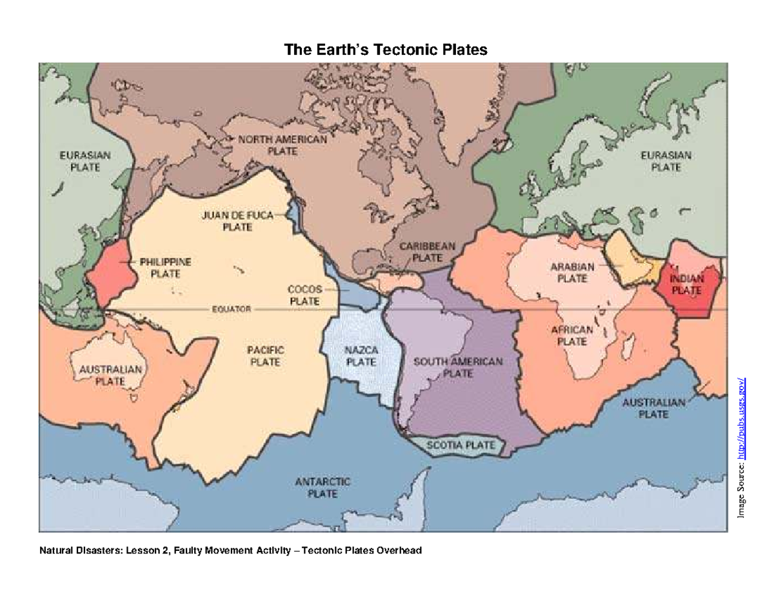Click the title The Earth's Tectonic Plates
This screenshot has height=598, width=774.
click(386, 50)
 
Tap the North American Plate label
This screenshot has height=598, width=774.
click(283, 145)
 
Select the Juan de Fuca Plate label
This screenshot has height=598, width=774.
click(237, 221)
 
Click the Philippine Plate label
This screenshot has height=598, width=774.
click(166, 268)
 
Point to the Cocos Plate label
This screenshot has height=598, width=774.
click(305, 295)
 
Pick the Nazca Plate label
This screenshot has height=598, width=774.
click(361, 355)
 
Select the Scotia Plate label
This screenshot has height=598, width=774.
click(461, 445)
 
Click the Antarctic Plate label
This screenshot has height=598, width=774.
click(322, 488)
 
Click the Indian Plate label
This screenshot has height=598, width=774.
click(687, 284)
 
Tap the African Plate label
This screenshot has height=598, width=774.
click(571, 335)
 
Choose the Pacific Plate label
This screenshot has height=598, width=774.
click(265, 355)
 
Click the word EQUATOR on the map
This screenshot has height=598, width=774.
click(231, 309)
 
